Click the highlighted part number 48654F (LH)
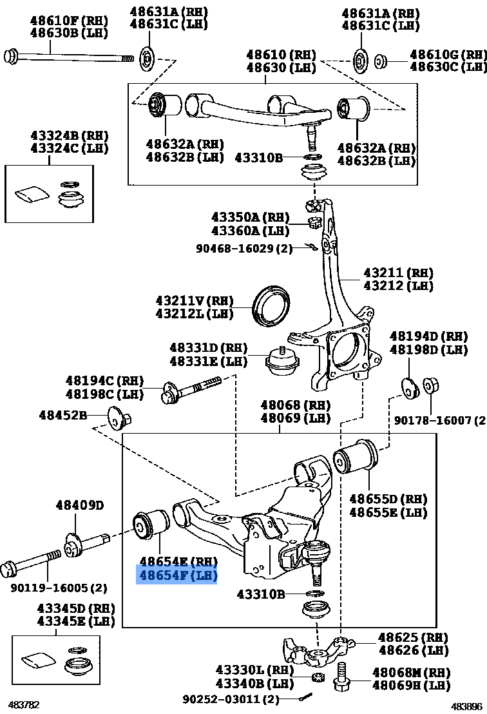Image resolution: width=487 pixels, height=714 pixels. (176, 575)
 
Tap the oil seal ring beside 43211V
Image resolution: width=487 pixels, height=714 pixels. (271, 305)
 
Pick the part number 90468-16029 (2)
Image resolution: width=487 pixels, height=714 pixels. (245, 247)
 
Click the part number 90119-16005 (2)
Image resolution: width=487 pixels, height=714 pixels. (59, 588)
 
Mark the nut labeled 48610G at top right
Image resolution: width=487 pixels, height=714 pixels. (381, 61)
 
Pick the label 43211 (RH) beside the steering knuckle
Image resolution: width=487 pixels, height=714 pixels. (398, 273)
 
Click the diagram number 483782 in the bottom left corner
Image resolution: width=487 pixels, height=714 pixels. (23, 705)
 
